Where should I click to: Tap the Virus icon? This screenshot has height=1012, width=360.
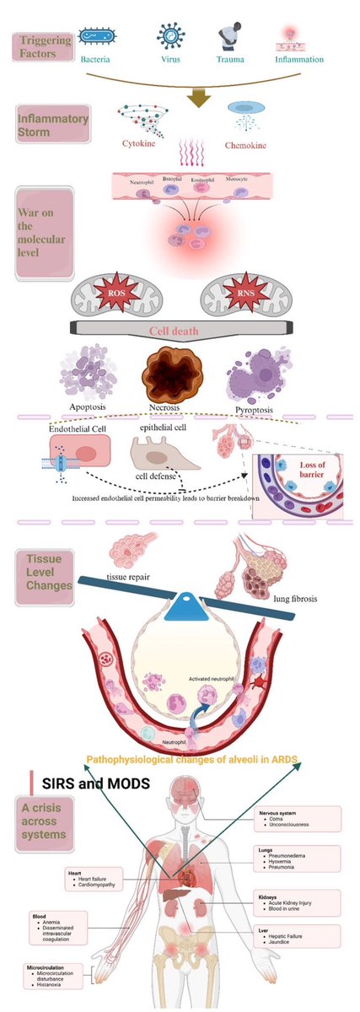click(172, 36)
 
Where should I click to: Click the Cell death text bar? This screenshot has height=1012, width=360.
click(174, 331)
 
